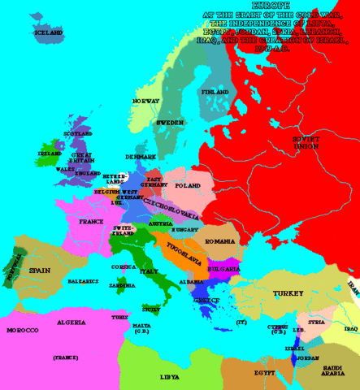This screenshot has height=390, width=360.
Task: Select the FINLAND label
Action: [x=214, y=93]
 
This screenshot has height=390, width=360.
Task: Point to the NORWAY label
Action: [x=145, y=101]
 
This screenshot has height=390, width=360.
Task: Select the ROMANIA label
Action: [x=219, y=242]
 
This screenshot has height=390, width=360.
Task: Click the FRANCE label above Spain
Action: [x=91, y=221]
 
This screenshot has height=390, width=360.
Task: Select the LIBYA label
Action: [x=169, y=377]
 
